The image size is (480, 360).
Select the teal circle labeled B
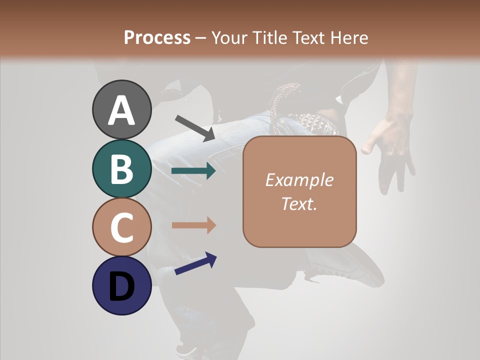[121, 168]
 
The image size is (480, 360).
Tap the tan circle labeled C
[121, 227]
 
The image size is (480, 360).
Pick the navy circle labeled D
[121, 285]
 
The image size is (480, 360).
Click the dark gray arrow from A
[195, 128]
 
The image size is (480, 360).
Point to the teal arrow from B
[193, 171]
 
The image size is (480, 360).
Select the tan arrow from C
[193, 225]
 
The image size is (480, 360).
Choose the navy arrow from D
[195, 264]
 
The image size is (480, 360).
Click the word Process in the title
[157, 38]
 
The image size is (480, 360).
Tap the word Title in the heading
[268, 38]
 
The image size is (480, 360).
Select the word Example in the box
[299, 180]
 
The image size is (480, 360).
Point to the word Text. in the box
[299, 203]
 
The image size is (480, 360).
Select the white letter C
[121, 227]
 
